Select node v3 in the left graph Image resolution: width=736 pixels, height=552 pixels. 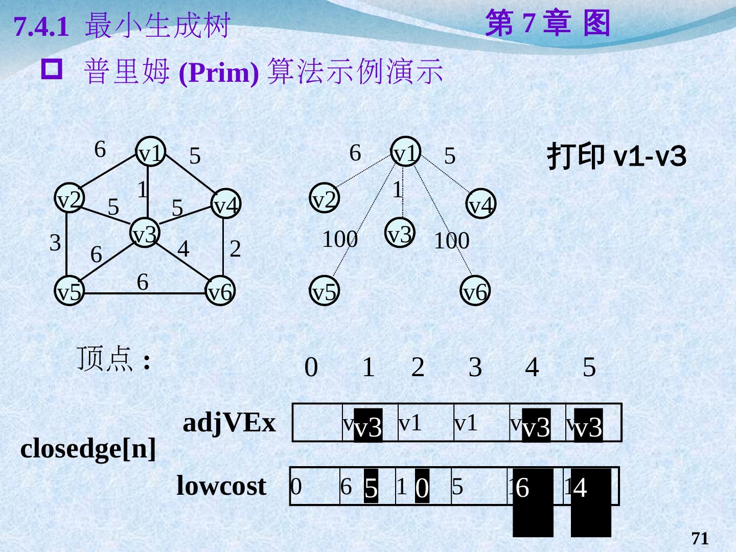point(145,233)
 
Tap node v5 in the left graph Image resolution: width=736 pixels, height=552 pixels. point(69,292)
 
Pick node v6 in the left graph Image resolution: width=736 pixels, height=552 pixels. point(220,292)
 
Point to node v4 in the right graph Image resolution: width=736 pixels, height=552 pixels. point(480,204)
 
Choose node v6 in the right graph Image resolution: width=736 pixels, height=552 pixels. point(475,292)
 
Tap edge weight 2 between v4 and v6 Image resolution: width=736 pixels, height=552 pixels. point(235,249)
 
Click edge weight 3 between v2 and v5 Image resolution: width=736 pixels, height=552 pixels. point(55,242)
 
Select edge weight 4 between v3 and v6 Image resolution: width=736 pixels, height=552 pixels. point(183,249)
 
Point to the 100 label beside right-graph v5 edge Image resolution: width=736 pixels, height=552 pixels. point(339,239)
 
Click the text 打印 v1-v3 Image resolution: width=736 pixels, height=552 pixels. point(616,156)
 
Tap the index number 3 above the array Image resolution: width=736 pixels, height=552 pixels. point(475,367)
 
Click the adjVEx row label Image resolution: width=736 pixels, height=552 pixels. point(229,423)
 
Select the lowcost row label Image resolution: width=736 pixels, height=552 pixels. point(221,486)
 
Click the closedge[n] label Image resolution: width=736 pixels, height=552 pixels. point(88,449)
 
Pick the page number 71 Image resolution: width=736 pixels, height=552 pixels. point(700,538)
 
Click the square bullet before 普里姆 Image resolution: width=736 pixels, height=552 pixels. point(53,70)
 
